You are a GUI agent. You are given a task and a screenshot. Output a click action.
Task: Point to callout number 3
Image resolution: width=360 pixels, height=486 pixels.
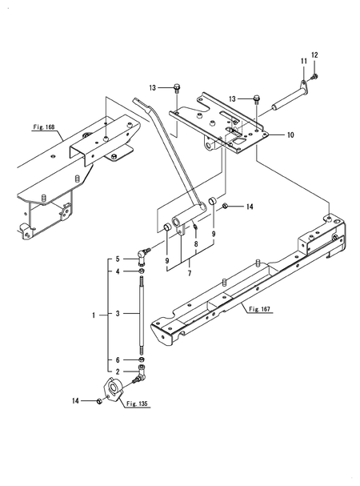click(x=117, y=315)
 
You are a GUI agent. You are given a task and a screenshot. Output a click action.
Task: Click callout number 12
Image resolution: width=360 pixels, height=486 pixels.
click(x=314, y=54)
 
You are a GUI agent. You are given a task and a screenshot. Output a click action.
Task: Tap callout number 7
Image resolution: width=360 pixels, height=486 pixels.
click(x=190, y=274)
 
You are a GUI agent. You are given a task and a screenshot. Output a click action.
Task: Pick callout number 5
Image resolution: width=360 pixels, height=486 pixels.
click(x=117, y=259)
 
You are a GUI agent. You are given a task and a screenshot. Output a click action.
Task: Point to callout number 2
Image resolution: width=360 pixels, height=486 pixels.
click(x=117, y=372)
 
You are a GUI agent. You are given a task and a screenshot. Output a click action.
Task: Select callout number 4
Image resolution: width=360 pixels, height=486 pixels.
click(x=117, y=272)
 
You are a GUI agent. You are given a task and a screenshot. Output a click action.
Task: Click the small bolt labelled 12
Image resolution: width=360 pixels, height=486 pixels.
click(x=314, y=76)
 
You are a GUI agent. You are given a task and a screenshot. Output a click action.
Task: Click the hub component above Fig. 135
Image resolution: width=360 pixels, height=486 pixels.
click(x=114, y=391)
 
